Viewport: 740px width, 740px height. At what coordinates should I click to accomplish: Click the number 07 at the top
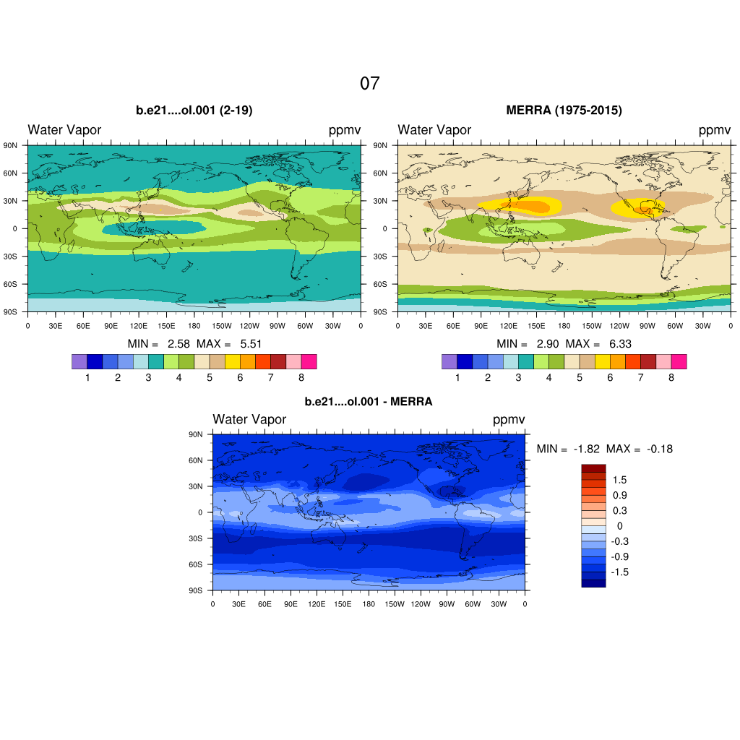pyautogui.click(x=369, y=83)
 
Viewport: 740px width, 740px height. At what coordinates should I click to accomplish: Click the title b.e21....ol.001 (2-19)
pyautogui.click(x=194, y=111)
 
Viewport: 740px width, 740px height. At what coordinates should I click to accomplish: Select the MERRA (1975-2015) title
pyautogui.click(x=564, y=111)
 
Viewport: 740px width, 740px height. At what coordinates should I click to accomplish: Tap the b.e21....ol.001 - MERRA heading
pyautogui.click(x=369, y=402)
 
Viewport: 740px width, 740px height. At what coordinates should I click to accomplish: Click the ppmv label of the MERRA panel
pyautogui.click(x=714, y=130)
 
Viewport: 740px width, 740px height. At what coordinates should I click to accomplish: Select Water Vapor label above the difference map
pyautogui.click(x=249, y=420)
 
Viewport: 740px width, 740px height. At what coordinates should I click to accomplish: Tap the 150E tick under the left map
pyautogui.click(x=166, y=326)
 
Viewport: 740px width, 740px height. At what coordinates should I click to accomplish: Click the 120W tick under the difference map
pyautogui.click(x=421, y=603)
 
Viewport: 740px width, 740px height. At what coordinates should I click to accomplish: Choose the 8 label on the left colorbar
pyautogui.click(x=301, y=377)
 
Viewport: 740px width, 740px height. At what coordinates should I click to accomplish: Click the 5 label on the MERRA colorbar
pyautogui.click(x=580, y=377)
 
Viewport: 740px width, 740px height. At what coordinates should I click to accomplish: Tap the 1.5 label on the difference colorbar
pyautogui.click(x=619, y=480)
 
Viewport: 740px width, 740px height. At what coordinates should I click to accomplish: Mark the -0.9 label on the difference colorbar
pyautogui.click(x=619, y=556)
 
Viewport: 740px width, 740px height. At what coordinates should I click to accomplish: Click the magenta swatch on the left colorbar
pyautogui.click(x=309, y=361)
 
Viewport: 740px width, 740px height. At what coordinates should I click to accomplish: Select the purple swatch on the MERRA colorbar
pyautogui.click(x=449, y=361)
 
